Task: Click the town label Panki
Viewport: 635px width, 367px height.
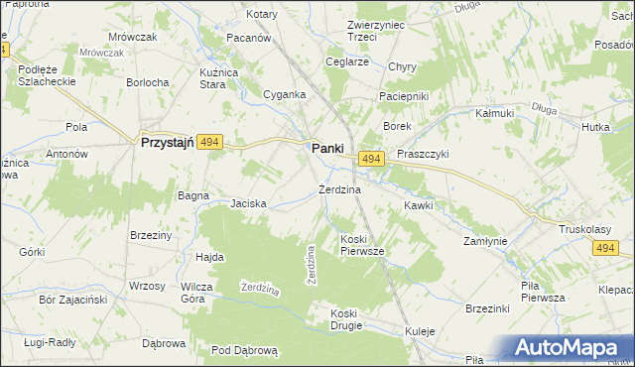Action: pos(327,148)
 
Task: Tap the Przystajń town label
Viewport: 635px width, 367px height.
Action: pos(166,143)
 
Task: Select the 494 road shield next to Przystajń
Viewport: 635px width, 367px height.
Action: pos(208,143)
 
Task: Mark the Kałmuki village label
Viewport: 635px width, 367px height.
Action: pos(495,113)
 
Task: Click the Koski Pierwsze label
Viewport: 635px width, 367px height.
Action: pos(361,245)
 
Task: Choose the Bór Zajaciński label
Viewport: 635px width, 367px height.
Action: pos(65,298)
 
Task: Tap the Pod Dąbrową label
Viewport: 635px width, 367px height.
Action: pos(248,350)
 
